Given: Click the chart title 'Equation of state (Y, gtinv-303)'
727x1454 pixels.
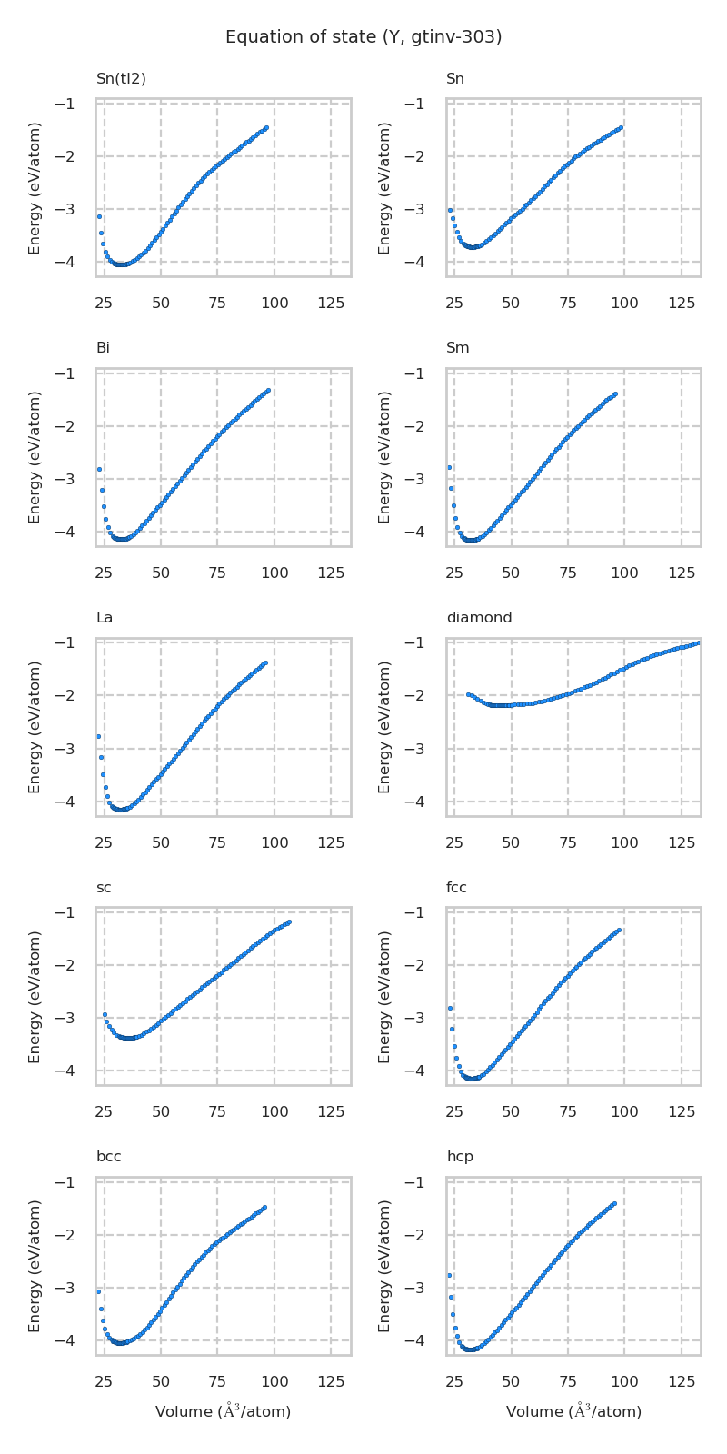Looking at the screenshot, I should point(363,37).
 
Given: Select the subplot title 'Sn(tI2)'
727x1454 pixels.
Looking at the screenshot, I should point(121,79).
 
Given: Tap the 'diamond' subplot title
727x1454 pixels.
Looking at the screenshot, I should point(479,618).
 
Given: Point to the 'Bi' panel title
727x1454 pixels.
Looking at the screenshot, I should point(103,348).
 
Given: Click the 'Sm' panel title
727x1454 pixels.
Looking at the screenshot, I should point(457,348).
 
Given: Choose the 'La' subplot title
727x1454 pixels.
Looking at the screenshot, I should point(105,618).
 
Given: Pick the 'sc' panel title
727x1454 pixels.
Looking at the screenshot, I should point(104,888).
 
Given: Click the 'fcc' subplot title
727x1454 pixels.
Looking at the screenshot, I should point(456,888).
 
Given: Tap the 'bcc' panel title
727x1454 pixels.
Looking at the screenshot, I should point(108,1157).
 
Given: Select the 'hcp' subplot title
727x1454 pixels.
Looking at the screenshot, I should point(459,1157).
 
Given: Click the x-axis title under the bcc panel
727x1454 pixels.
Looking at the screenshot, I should point(223,1411).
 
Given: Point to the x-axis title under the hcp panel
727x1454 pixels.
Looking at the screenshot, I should point(573,1411).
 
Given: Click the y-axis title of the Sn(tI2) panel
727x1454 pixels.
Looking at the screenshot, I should point(35,188).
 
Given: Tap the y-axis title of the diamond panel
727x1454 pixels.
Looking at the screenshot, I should point(385,727).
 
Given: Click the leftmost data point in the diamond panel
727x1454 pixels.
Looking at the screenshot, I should point(468,694).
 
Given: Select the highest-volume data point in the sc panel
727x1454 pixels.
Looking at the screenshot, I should point(289,922).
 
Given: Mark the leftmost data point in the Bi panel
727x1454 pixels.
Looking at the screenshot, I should point(99,469).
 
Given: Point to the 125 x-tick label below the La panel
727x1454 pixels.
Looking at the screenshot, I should point(331,843).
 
